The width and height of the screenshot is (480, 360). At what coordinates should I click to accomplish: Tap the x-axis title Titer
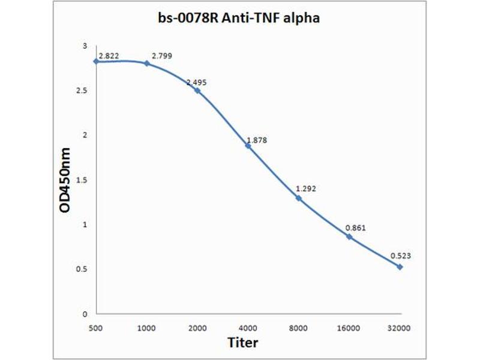pyautogui.click(x=243, y=343)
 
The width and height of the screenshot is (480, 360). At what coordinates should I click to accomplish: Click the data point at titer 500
pyautogui.click(x=96, y=61)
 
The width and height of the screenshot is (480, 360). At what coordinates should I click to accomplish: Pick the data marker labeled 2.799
pyautogui.click(x=147, y=63)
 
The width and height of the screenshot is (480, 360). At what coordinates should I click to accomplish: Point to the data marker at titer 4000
pyautogui.click(x=248, y=145)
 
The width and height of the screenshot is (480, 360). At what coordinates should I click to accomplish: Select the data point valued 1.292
pyautogui.click(x=298, y=198)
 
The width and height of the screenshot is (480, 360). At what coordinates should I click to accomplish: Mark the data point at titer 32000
pyautogui.click(x=400, y=266)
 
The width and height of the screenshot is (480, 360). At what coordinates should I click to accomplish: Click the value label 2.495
pyautogui.click(x=196, y=82)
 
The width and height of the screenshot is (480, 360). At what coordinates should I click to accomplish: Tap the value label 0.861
pyautogui.click(x=356, y=228)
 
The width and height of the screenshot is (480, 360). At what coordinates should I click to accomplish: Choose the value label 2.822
pyautogui.click(x=110, y=56)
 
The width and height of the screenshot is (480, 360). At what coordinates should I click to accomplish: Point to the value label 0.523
pyautogui.click(x=401, y=256)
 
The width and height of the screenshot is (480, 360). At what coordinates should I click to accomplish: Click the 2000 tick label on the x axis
pyautogui.click(x=197, y=328)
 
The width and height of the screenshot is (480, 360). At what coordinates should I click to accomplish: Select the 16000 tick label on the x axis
pyautogui.click(x=349, y=328)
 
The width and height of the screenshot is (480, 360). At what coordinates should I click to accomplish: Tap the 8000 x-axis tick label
pyautogui.click(x=298, y=328)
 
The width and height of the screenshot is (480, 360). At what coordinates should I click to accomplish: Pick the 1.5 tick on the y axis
pyautogui.click(x=82, y=180)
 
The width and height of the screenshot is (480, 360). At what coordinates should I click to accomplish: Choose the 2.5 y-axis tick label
pyautogui.click(x=82, y=91)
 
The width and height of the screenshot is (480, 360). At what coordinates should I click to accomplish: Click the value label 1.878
pyautogui.click(x=256, y=140)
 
